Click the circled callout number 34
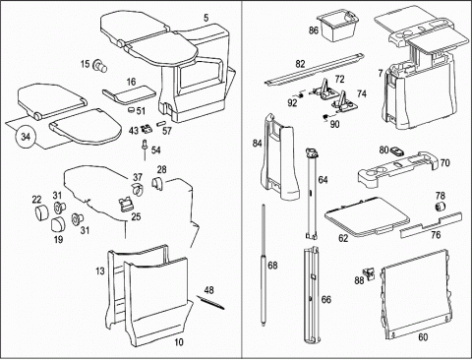(26, 137)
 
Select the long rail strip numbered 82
(314, 69)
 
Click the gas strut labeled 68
(264, 265)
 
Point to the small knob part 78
(440, 207)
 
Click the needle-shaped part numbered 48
(210, 302)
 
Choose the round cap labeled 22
(41, 212)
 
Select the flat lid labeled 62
(367, 216)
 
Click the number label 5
(206, 18)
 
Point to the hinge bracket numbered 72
(324, 90)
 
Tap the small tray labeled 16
(129, 95)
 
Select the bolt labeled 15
(99, 66)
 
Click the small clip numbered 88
(370, 273)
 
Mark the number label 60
(423, 336)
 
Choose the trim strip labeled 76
(431, 225)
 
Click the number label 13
(100, 271)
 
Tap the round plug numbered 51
(131, 109)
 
